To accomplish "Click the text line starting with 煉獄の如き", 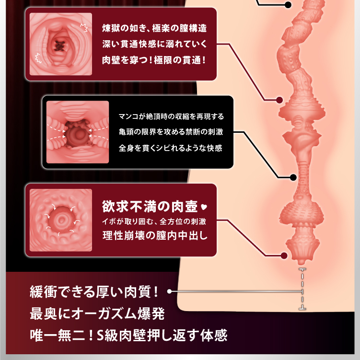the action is click(x=154, y=27).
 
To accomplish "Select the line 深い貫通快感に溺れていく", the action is click(x=154, y=44).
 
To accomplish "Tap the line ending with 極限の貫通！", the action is click(x=154, y=61).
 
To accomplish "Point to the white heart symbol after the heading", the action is click(x=203, y=208).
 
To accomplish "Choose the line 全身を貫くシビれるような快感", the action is click(x=171, y=148).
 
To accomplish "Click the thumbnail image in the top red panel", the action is click(x=60, y=44).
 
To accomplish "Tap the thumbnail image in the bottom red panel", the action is click(x=60, y=220).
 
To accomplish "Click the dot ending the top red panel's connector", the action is click(x=279, y=100).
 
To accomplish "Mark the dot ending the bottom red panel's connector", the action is click(x=284, y=256).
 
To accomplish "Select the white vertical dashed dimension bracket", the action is click(x=302, y=290).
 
